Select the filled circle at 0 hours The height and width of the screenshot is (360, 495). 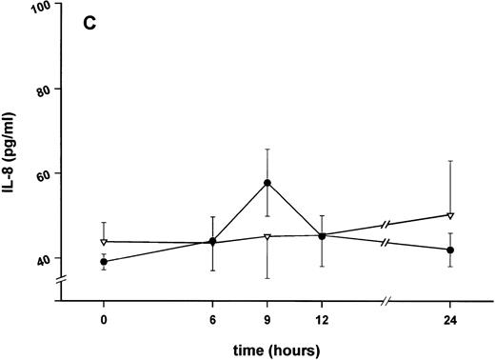[104, 261]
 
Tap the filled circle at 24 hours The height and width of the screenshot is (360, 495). [450, 250]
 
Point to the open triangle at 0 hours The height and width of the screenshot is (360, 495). [104, 241]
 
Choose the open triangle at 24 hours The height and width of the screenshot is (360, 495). [450, 215]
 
